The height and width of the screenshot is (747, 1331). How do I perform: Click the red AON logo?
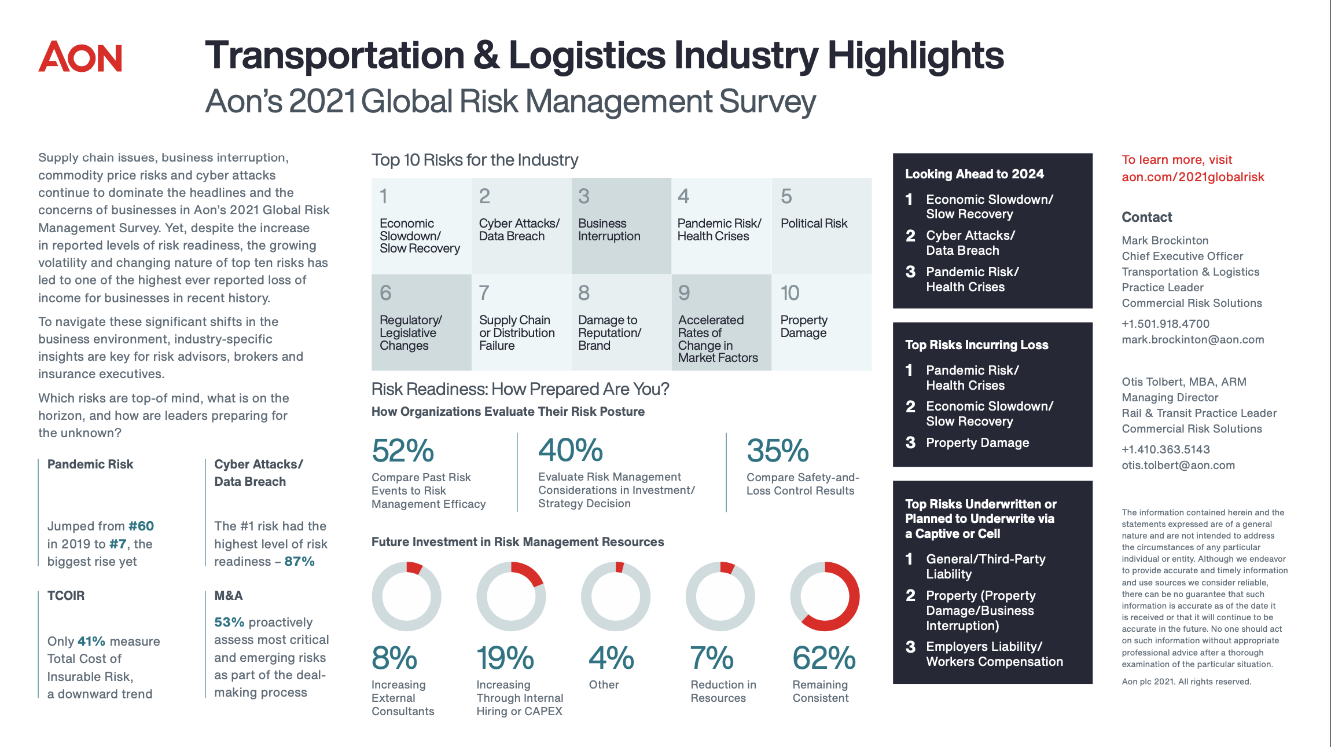[x=80, y=57]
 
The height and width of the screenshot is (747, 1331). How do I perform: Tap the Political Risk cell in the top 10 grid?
[x=814, y=224]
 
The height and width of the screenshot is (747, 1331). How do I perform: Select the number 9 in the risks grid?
[x=684, y=293]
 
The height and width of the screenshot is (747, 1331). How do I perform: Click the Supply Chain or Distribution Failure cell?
[x=516, y=332]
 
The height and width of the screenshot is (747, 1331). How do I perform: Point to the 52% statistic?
[x=403, y=451]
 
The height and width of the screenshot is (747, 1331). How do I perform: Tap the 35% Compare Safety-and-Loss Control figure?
[x=777, y=451]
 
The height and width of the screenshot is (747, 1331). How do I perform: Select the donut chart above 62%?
[x=825, y=596]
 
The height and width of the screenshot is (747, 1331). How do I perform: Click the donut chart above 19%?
[x=511, y=596]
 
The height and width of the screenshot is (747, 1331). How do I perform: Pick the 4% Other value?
[x=611, y=658]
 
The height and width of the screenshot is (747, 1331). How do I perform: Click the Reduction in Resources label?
[x=723, y=691]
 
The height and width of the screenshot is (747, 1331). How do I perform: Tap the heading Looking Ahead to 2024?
[x=974, y=174]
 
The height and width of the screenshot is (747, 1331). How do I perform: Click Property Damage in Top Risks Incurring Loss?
[x=977, y=443]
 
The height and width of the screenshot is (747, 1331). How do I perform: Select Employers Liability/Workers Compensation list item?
[x=994, y=654]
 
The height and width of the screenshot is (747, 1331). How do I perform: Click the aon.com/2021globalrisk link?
[x=1193, y=177]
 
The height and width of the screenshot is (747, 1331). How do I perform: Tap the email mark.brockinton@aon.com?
[x=1193, y=340]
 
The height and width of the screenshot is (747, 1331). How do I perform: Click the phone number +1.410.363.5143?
[x=1165, y=449]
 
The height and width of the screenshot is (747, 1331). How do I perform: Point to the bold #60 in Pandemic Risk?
[x=141, y=526]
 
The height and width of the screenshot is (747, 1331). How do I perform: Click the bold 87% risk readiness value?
[x=299, y=562]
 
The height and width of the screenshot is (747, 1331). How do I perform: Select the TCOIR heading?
[x=66, y=596]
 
